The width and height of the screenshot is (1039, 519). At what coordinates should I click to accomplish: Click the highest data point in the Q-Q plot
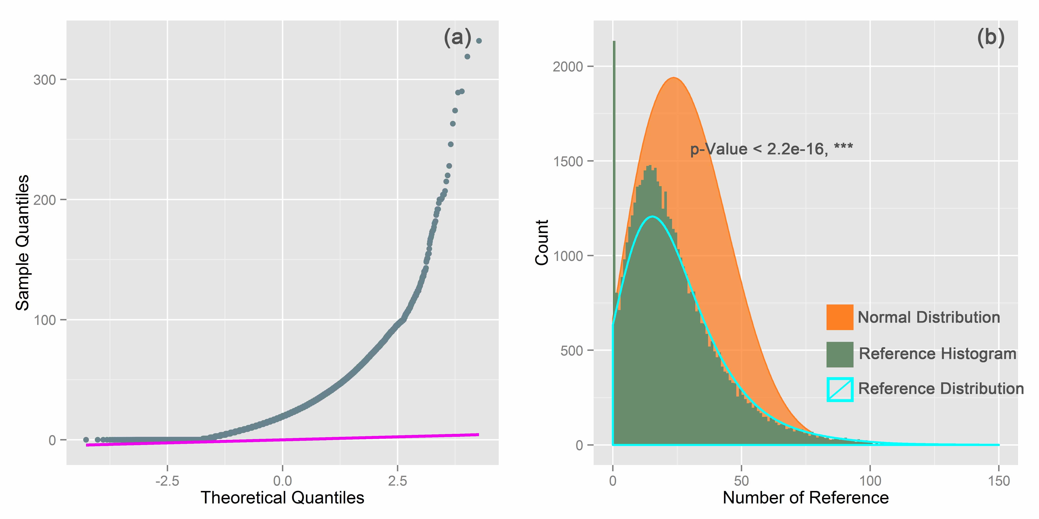(479, 41)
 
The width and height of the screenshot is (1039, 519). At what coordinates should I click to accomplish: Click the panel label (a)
(457, 38)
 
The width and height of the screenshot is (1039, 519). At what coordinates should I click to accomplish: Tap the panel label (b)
(991, 38)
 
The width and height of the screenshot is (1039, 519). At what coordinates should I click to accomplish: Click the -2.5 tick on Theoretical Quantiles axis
(167, 481)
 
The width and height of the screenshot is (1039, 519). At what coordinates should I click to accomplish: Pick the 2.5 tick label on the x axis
(398, 481)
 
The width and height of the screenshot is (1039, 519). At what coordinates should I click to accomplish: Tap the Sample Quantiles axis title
(23, 243)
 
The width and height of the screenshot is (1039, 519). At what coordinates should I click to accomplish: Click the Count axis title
(542, 243)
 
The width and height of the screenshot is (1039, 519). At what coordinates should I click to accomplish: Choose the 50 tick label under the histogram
(741, 481)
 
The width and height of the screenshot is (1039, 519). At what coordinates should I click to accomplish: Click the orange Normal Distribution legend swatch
(840, 317)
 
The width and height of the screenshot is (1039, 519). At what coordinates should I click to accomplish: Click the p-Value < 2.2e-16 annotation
(771, 149)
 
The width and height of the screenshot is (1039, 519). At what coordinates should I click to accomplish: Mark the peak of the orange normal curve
(673, 77)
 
